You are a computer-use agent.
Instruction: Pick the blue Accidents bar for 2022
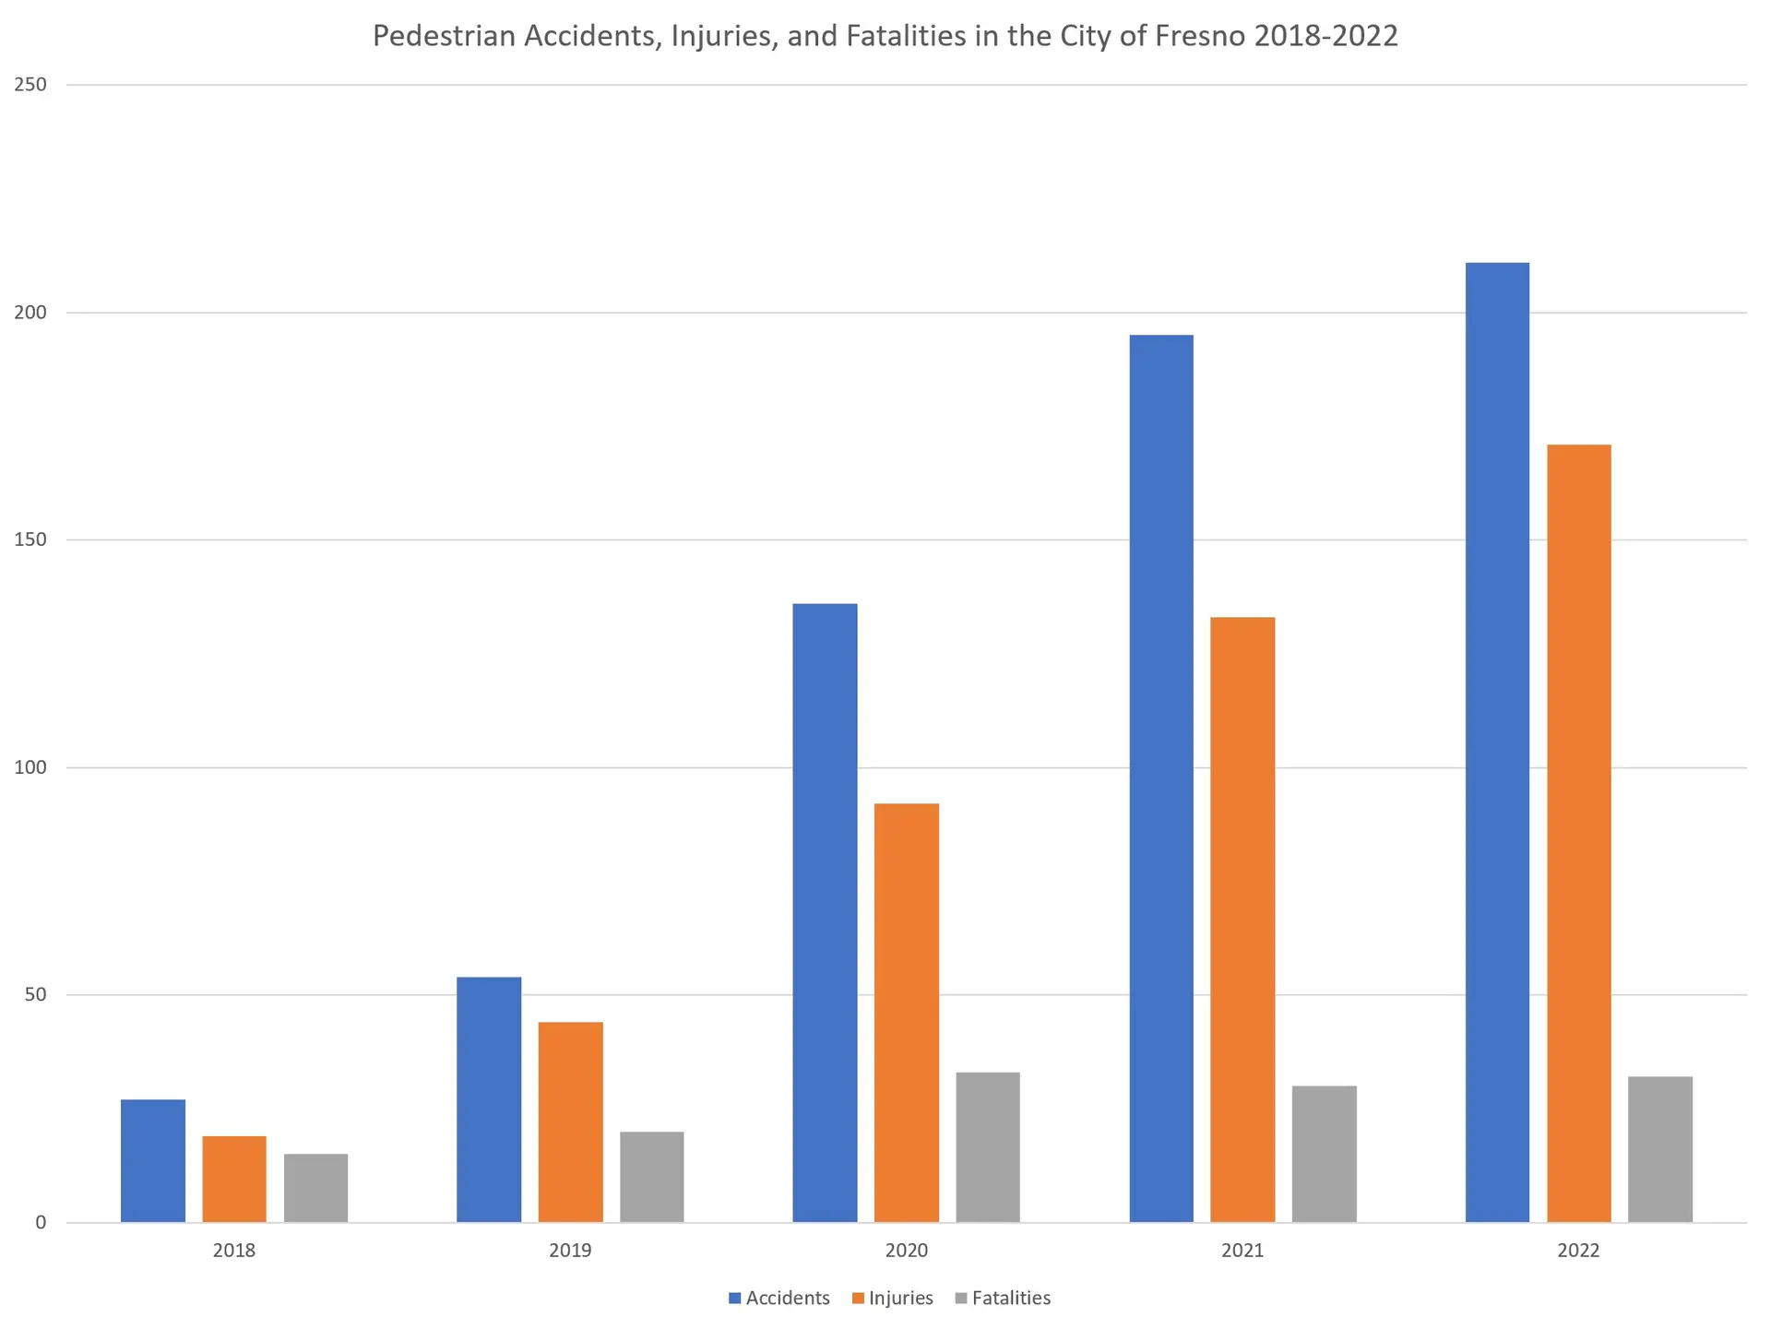(1496, 742)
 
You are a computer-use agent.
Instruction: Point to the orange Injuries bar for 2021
(1242, 920)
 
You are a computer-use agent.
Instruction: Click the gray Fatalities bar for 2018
(315, 1188)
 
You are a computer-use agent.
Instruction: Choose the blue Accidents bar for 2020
(825, 913)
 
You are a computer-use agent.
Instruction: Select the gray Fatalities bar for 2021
(1324, 1154)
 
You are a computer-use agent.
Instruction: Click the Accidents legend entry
(779, 1298)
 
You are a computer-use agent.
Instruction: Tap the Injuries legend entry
(892, 1298)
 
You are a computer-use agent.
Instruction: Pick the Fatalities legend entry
(1003, 1298)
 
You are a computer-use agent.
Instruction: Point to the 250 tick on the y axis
(30, 85)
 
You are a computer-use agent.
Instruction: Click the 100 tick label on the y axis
(30, 767)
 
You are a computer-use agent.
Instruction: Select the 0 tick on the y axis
(41, 1223)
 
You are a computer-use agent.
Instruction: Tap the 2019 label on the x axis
(570, 1251)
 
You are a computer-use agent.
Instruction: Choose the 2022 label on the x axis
(1578, 1251)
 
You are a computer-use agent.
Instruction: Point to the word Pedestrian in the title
(444, 36)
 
